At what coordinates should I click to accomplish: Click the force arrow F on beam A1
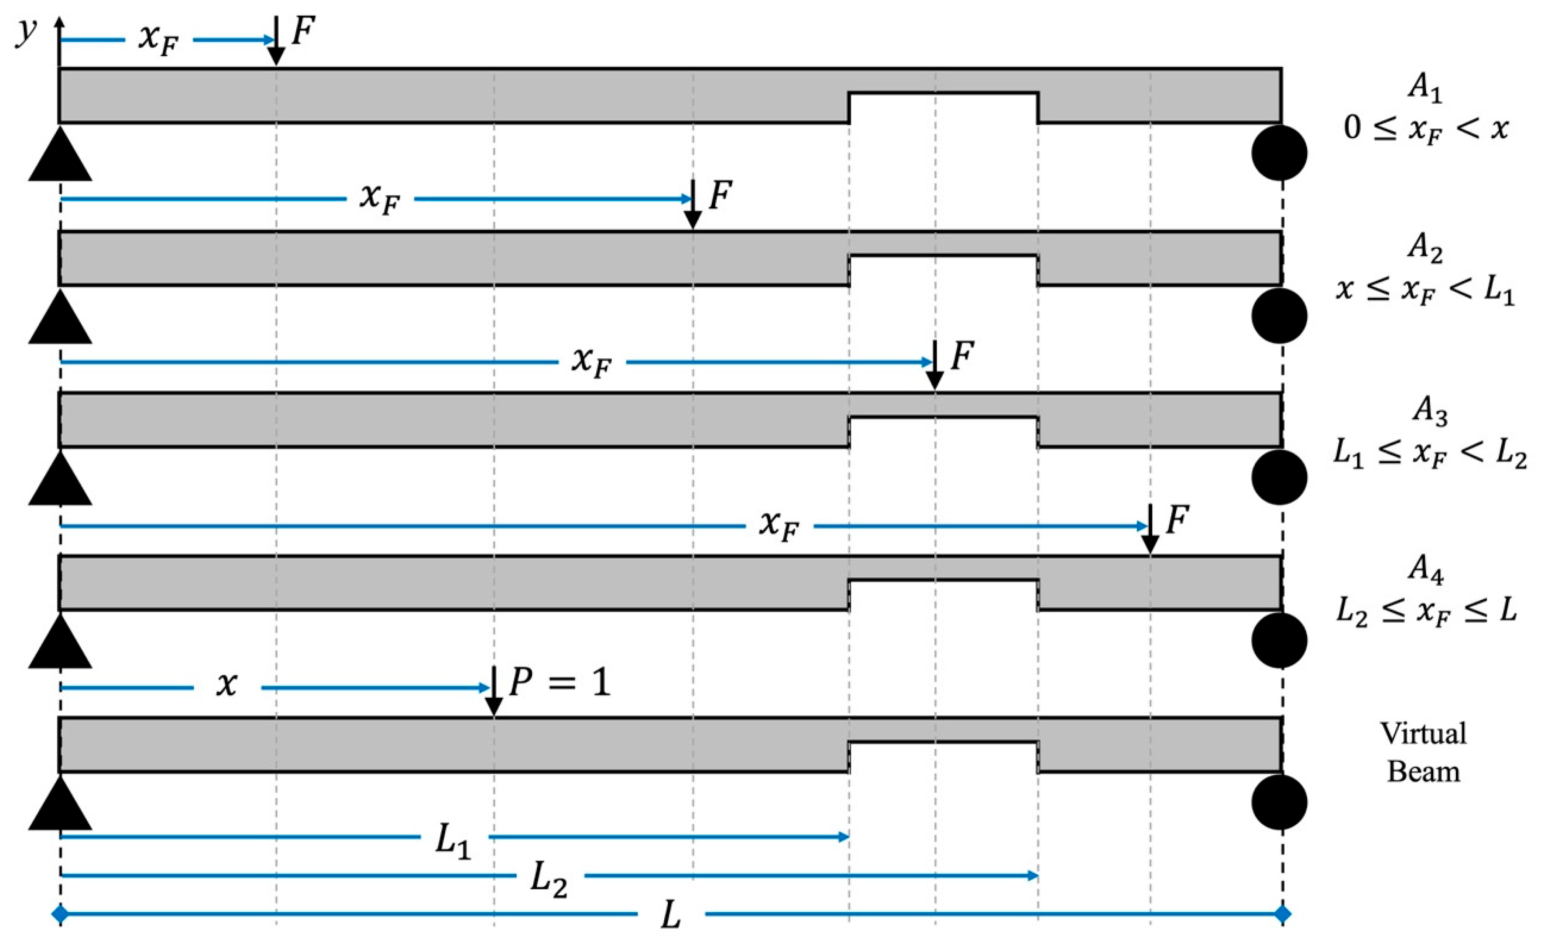[276, 41]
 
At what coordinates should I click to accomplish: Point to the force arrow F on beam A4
[1150, 529]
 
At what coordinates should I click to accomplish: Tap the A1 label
[1424, 89]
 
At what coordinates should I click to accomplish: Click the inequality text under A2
[1424, 291]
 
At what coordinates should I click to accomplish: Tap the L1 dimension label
[453, 843]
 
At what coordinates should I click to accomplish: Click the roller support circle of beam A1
[1280, 153]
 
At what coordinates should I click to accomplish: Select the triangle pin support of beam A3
[60, 479]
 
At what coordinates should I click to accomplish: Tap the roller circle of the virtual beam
[1280, 803]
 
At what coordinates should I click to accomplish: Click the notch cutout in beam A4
[943, 595]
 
